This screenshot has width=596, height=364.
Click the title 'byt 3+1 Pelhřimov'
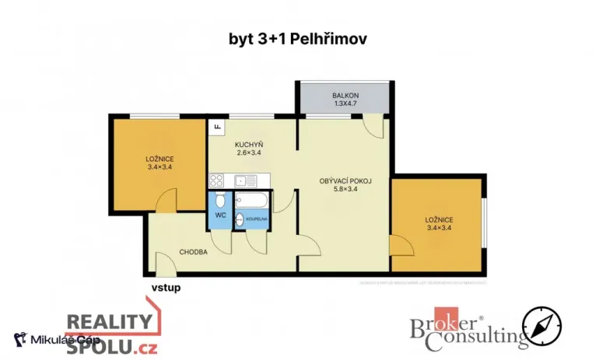[x=298, y=37]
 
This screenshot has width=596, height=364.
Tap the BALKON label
[x=345, y=94]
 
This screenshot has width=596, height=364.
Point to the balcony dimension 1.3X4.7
[x=345, y=103]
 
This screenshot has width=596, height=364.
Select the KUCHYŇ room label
[x=249, y=145]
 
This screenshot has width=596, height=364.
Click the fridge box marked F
[x=216, y=127]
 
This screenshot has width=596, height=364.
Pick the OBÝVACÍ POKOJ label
[x=345, y=181]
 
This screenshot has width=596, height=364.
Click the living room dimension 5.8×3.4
[x=345, y=190]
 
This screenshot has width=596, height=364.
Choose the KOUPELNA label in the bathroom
[x=258, y=220]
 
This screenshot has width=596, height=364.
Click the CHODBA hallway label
[x=192, y=252]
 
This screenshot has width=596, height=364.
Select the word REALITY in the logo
[x=108, y=322]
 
